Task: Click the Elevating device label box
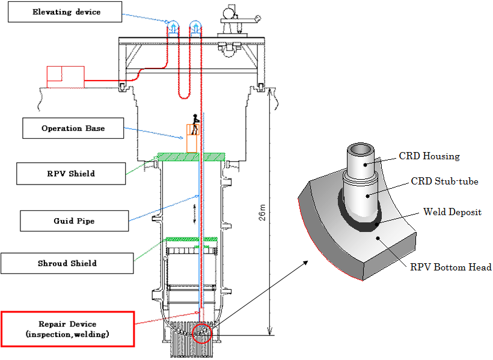click(x=65, y=11)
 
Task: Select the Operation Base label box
click(x=73, y=128)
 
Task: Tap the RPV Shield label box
click(x=71, y=174)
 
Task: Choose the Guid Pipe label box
click(x=74, y=221)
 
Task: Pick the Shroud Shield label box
click(x=67, y=263)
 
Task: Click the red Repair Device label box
click(x=67, y=329)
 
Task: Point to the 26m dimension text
click(x=262, y=213)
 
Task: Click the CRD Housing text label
click(x=429, y=156)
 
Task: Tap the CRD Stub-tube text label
click(x=444, y=182)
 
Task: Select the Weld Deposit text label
click(x=452, y=212)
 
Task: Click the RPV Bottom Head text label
click(x=451, y=267)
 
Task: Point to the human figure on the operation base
click(x=195, y=124)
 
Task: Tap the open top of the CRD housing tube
click(x=361, y=148)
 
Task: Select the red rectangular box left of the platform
click(x=66, y=77)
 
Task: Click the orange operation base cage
click(x=192, y=138)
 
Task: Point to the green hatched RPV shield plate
click(x=191, y=157)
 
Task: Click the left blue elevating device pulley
click(x=173, y=26)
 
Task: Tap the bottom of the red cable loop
click(x=184, y=98)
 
